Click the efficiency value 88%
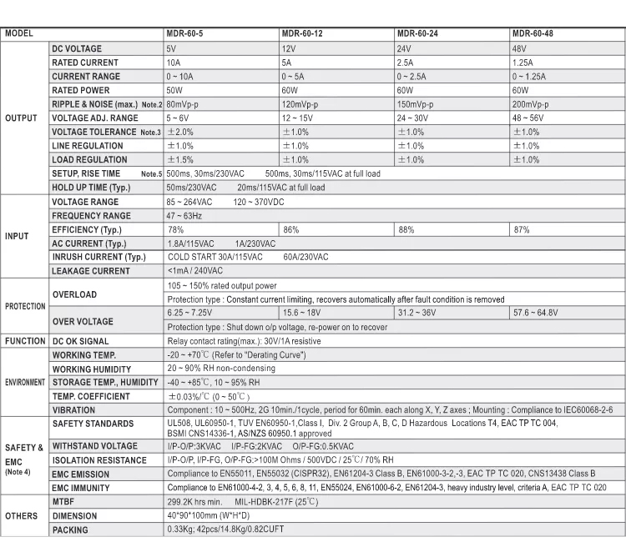coord(406,228)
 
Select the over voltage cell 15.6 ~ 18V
coord(301,313)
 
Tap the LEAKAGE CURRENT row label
coord(90,271)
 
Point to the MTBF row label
coord(64,502)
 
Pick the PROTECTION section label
coord(25,306)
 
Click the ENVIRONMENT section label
coord(25,382)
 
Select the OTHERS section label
coord(22,516)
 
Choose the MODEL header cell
coord(20,34)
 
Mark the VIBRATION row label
coord(73,410)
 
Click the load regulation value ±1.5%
coord(181,159)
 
